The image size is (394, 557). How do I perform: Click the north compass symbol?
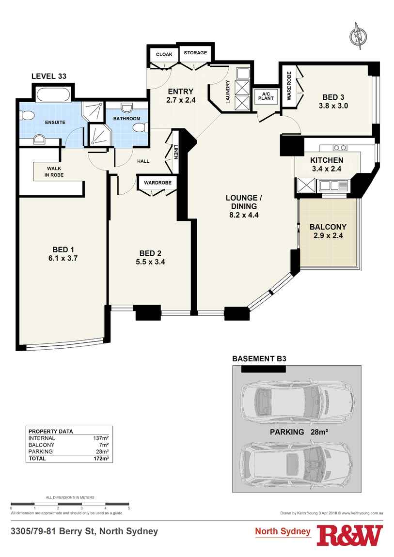pyautogui.click(x=358, y=36)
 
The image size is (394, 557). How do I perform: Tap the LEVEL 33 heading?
pyautogui.click(x=48, y=76)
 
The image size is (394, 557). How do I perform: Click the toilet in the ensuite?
pyautogui.click(x=26, y=115)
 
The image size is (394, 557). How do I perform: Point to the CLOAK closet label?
pyautogui.click(x=163, y=55)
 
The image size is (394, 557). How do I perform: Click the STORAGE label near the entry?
pyautogui.click(x=195, y=53)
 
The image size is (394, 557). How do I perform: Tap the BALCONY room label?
pyautogui.click(x=328, y=227)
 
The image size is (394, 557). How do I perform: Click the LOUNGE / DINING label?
pyautogui.click(x=244, y=202)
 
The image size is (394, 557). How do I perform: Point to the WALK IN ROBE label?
pyautogui.click(x=54, y=171)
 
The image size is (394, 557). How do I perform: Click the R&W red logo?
pyautogui.click(x=349, y=535)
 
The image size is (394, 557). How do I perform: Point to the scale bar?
pyautogui.click(x=70, y=504)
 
